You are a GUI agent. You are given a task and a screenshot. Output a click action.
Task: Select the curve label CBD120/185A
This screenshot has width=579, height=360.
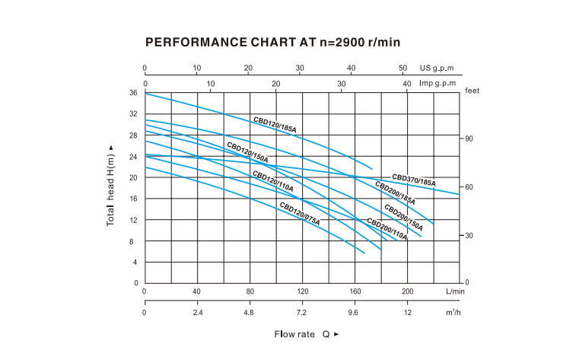(x=275, y=125)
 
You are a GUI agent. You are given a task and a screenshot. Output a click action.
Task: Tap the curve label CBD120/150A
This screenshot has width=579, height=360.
(x=248, y=151)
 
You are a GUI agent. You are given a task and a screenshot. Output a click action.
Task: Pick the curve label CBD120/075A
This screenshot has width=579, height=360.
(x=299, y=212)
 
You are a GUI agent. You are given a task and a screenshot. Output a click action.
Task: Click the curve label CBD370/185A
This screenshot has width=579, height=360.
(x=414, y=180)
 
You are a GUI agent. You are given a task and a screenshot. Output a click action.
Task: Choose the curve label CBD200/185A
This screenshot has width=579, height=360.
(x=394, y=193)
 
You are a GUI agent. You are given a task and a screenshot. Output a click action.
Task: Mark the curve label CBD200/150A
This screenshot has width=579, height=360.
(x=403, y=217)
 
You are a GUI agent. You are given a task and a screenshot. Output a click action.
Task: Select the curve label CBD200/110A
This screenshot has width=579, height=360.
(x=387, y=229)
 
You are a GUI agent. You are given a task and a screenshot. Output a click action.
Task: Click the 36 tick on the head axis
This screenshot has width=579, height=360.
(x=133, y=93)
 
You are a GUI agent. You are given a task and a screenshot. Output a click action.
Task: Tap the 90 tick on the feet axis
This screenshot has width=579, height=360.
(x=470, y=139)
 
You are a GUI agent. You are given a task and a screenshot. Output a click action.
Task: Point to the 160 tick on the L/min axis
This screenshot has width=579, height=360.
(x=355, y=291)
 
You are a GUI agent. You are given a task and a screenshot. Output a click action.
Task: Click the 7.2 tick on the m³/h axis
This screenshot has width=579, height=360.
(x=302, y=313)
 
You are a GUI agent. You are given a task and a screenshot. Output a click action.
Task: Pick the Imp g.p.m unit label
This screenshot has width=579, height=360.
(x=437, y=83)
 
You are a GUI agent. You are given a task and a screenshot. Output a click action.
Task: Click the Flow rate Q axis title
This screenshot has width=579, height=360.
(x=307, y=333)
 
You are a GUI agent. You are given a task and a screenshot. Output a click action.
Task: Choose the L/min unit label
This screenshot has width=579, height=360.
(x=455, y=291)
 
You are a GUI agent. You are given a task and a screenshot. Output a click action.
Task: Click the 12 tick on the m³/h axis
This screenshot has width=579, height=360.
(x=407, y=313)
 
